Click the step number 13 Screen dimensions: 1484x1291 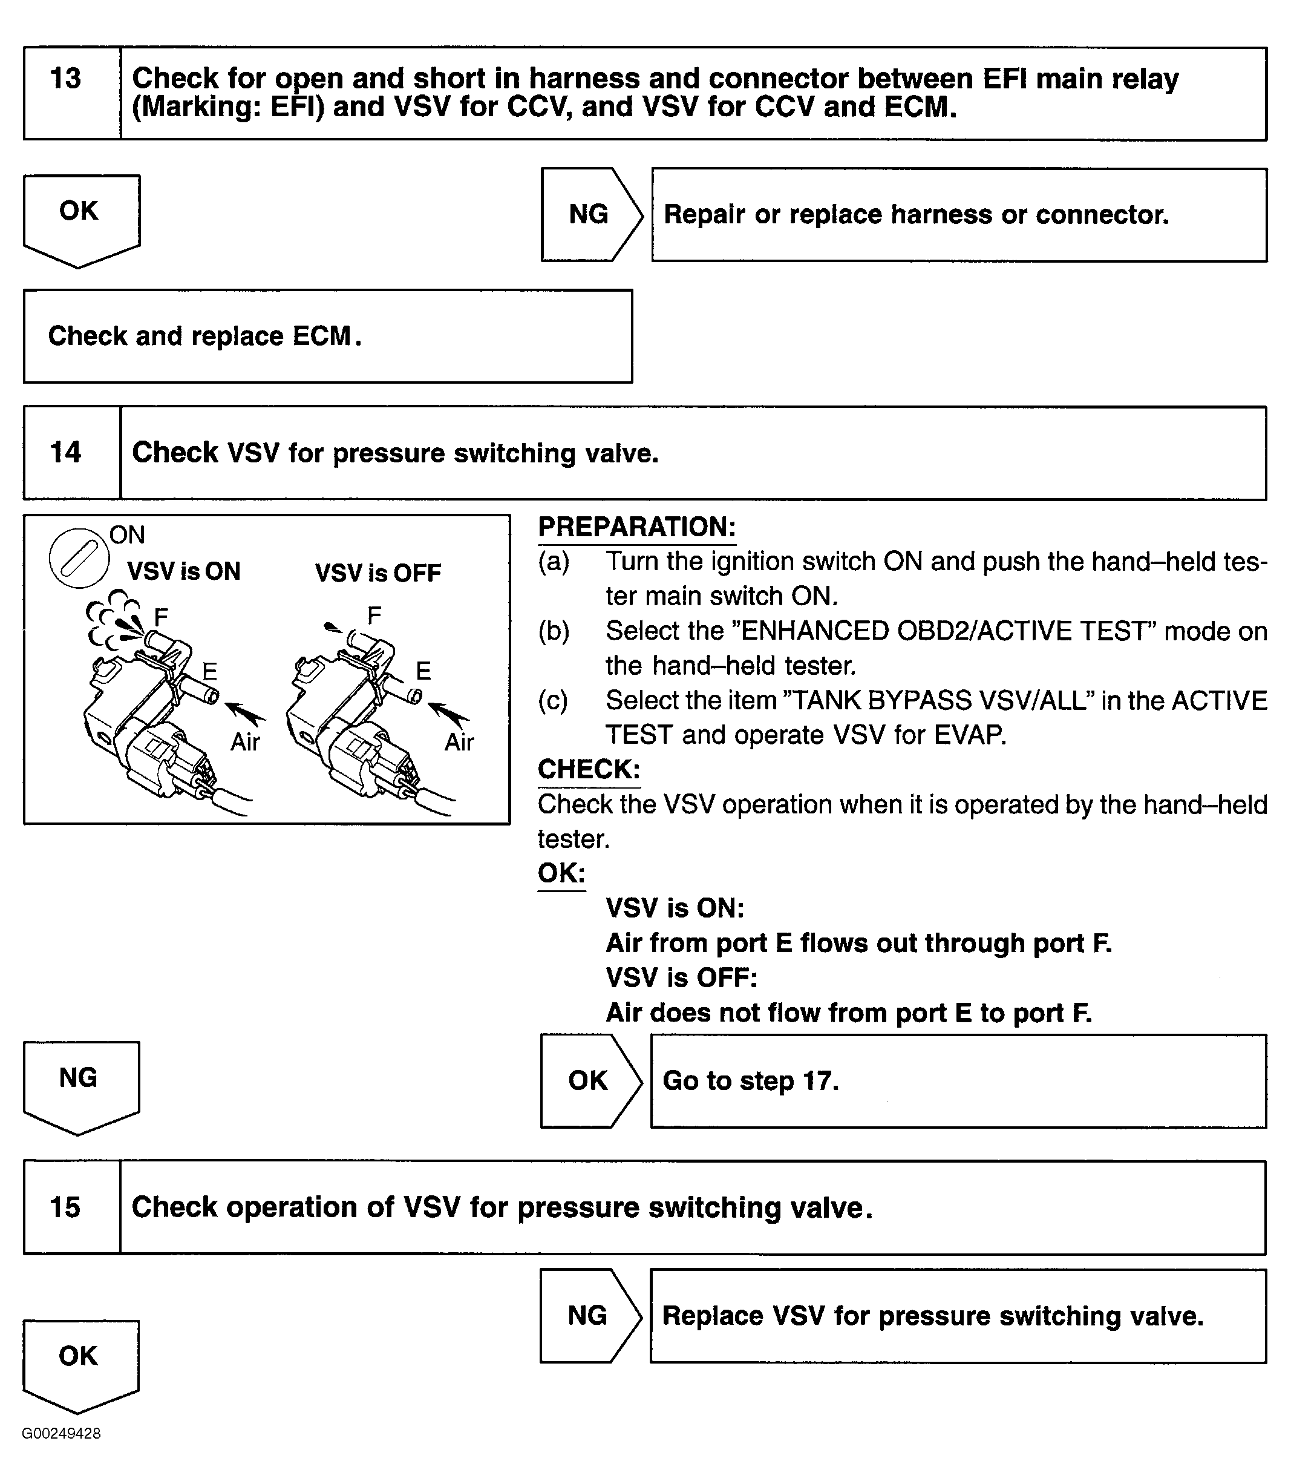pyautogui.click(x=65, y=79)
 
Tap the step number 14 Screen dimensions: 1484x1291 pyautogui.click(x=65, y=453)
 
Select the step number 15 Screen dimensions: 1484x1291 pyautogui.click(x=65, y=1207)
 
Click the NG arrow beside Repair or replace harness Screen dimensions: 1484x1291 pyautogui.click(x=589, y=214)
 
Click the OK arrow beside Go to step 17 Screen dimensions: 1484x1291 pyautogui.click(x=589, y=1080)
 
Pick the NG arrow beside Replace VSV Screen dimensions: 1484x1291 pyautogui.click(x=588, y=1315)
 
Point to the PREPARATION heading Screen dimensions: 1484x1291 pyautogui.click(x=637, y=527)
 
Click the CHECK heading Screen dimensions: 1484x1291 pyautogui.click(x=589, y=769)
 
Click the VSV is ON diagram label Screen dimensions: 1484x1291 pyautogui.click(x=184, y=571)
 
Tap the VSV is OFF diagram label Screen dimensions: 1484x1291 pyautogui.click(x=378, y=574)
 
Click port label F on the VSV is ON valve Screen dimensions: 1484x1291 pyautogui.click(x=161, y=616)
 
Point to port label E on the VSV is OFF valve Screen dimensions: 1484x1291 pyautogui.click(x=423, y=671)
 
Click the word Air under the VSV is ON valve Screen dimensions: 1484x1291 pyautogui.click(x=245, y=741)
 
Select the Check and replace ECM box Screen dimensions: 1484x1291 pyautogui.click(x=328, y=337)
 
